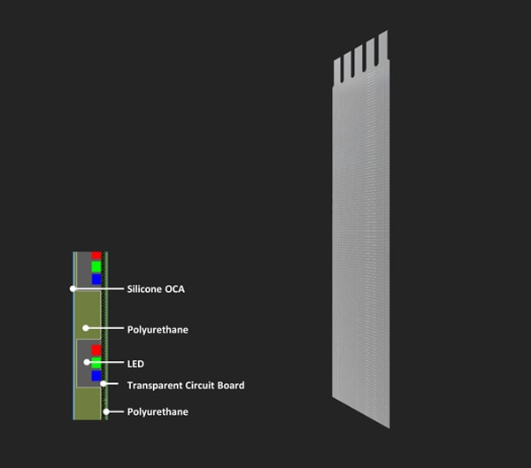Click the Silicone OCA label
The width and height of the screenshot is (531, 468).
(156, 289)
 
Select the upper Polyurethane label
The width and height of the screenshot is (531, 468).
(158, 329)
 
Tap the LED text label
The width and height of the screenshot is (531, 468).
(135, 364)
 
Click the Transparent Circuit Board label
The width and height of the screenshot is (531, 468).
(186, 386)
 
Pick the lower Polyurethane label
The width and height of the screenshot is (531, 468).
(158, 411)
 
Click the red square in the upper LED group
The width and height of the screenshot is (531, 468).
(96, 256)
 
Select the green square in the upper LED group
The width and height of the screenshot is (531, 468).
(96, 266)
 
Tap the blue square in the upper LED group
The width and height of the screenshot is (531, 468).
(96, 279)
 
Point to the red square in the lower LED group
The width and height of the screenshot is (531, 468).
(96, 350)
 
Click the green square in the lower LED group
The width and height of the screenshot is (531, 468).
(96, 363)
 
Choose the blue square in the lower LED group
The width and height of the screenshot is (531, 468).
(96, 376)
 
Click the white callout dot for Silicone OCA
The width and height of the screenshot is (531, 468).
(73, 289)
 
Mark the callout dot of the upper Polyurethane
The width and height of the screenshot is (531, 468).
(86, 328)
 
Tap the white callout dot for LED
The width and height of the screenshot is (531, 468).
(87, 363)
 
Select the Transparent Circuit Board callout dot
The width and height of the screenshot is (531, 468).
(104, 384)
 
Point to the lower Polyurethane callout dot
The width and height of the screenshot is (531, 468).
(106, 411)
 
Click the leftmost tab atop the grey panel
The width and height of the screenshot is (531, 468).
(337, 72)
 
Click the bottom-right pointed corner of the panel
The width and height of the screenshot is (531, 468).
(389, 428)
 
